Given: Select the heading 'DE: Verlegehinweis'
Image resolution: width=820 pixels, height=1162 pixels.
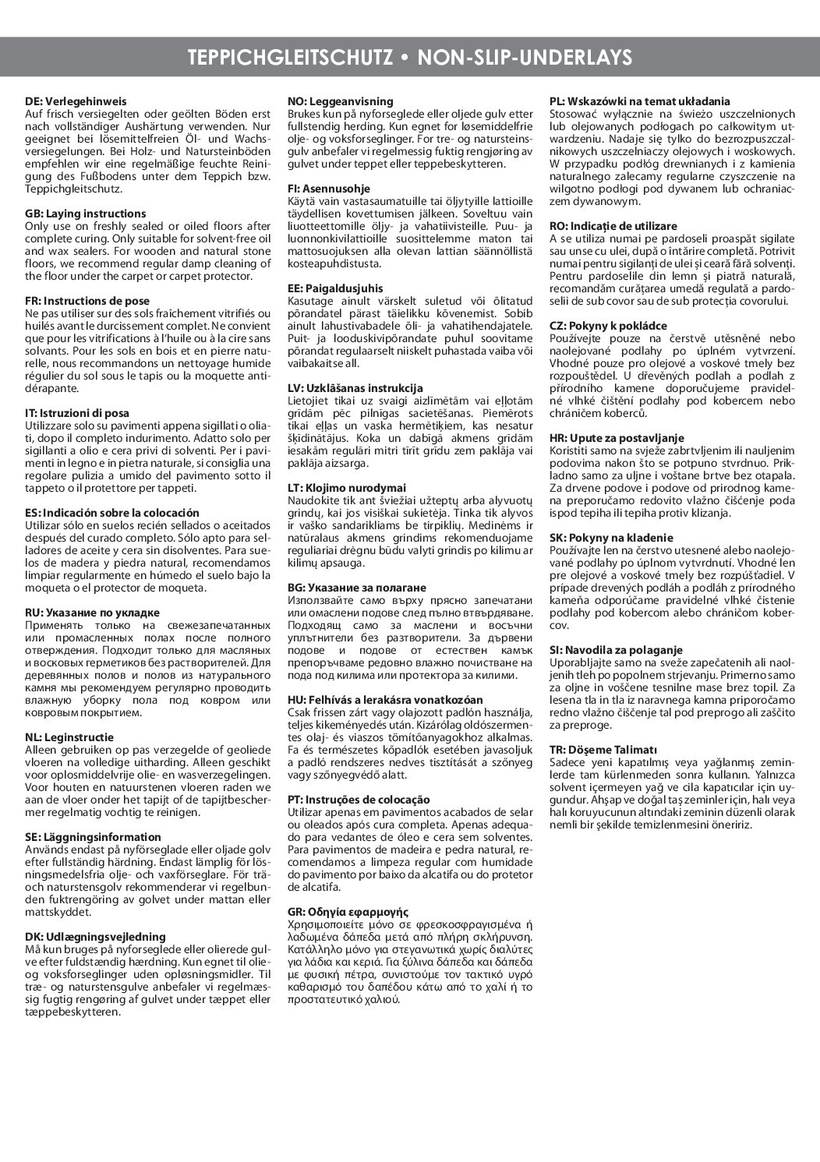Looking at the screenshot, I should point(76,101).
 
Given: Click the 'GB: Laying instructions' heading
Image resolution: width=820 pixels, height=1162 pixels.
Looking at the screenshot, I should point(86,214).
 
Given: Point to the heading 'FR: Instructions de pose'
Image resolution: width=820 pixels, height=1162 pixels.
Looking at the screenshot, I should point(87,301).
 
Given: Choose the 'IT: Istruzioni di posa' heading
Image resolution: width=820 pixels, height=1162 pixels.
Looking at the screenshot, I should point(77,413).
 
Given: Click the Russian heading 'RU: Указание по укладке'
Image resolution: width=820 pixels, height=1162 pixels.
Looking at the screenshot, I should point(92,613).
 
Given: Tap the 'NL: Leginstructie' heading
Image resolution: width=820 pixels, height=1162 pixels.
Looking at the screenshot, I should point(69,737).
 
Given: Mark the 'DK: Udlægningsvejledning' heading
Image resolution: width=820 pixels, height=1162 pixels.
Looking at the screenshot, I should point(95,937).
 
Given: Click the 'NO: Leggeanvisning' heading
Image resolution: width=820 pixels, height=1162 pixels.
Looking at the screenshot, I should point(341,101).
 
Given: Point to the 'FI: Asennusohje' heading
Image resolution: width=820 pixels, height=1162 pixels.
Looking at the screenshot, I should point(329,189).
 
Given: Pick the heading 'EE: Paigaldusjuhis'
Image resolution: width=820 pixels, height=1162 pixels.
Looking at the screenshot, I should point(335,288).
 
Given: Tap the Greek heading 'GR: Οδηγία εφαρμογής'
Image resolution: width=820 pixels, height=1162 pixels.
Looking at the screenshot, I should point(348,912).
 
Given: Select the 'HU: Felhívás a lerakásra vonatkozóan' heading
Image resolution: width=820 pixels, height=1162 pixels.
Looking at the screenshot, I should point(385,700).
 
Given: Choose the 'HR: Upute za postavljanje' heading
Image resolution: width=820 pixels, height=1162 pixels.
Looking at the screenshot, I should point(607,438).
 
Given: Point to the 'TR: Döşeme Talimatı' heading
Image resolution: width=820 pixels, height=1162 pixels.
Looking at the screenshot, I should point(592,750).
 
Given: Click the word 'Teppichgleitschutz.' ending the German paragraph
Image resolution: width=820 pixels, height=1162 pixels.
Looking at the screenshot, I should point(73,189).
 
